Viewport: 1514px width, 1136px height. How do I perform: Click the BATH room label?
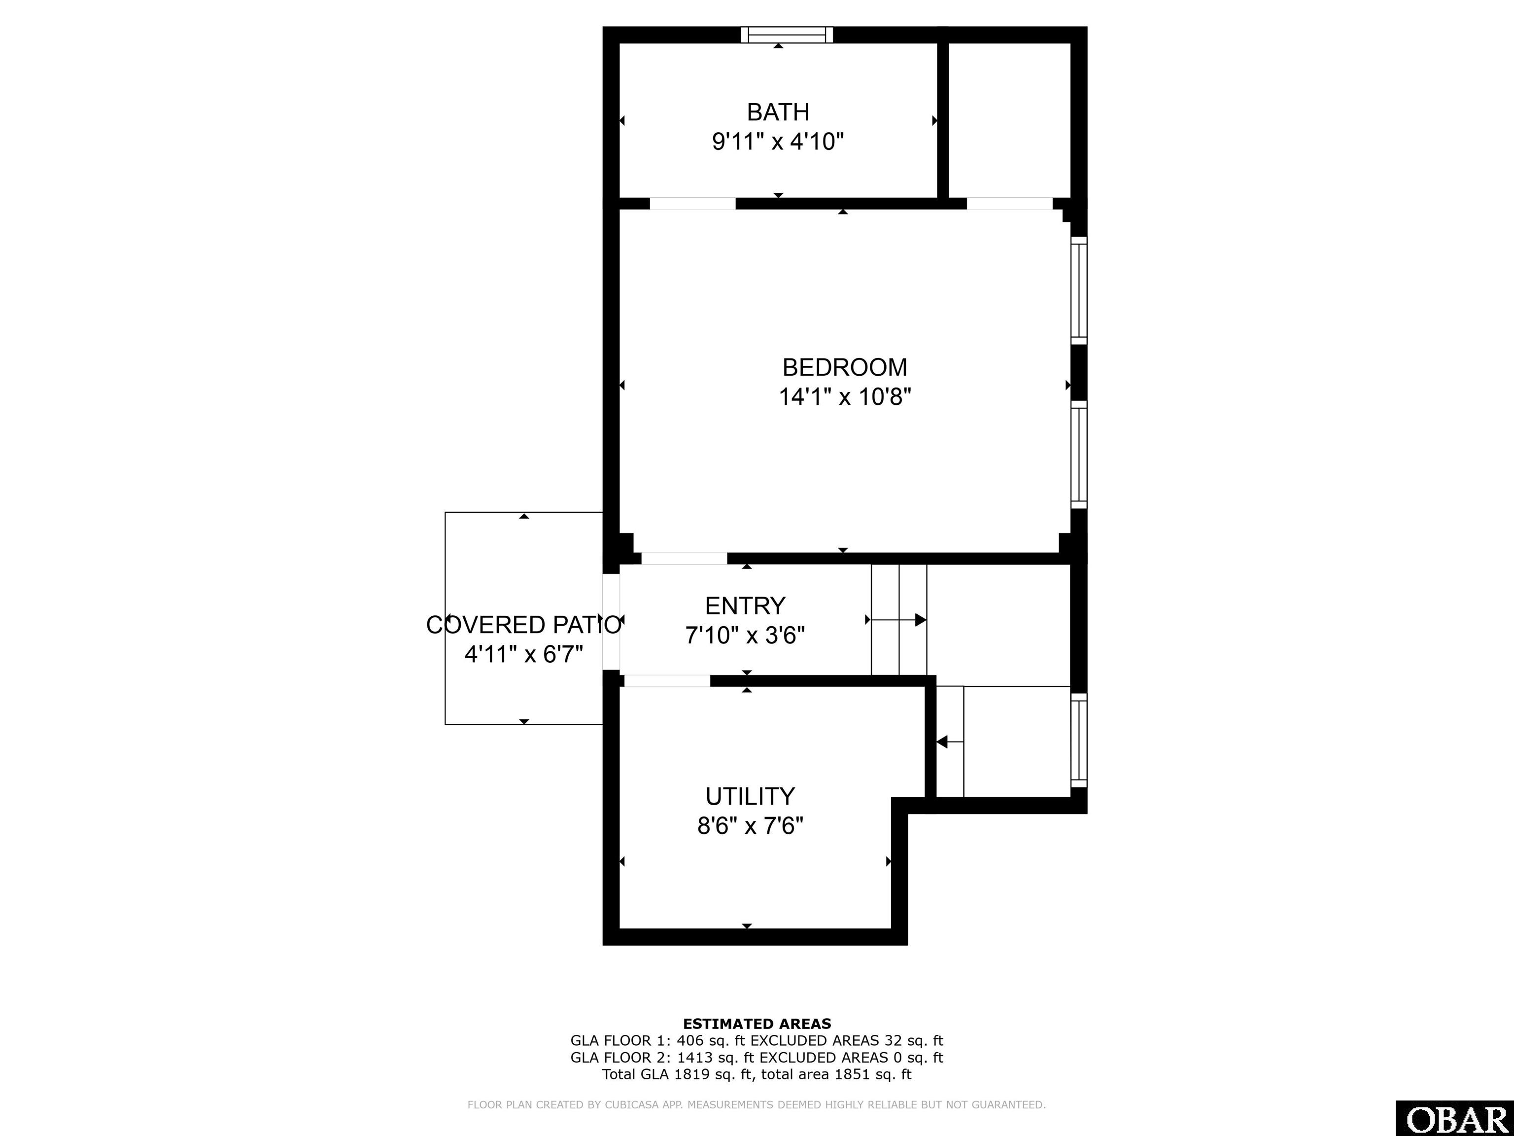(x=778, y=111)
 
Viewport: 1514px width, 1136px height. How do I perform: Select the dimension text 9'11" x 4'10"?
(x=778, y=142)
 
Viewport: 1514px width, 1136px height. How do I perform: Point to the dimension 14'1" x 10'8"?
(x=845, y=396)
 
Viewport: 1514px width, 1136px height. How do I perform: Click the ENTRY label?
(x=745, y=605)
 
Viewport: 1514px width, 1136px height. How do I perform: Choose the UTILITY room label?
(x=750, y=796)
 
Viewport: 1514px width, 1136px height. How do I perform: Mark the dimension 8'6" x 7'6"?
(x=750, y=826)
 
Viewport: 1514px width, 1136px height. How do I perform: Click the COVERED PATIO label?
(x=523, y=625)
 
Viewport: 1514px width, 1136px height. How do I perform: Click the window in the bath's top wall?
(x=787, y=35)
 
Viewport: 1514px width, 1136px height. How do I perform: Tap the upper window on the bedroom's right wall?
(x=1079, y=290)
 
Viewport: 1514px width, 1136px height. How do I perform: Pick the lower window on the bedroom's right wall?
(x=1079, y=455)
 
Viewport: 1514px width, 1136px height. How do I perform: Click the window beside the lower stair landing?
(x=1079, y=740)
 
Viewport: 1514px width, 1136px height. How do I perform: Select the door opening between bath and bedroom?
(x=692, y=203)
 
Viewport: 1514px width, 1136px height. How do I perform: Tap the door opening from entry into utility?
(x=667, y=680)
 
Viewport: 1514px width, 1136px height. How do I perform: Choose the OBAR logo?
(x=1454, y=1119)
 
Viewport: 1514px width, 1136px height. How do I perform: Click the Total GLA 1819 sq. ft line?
(x=757, y=1074)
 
